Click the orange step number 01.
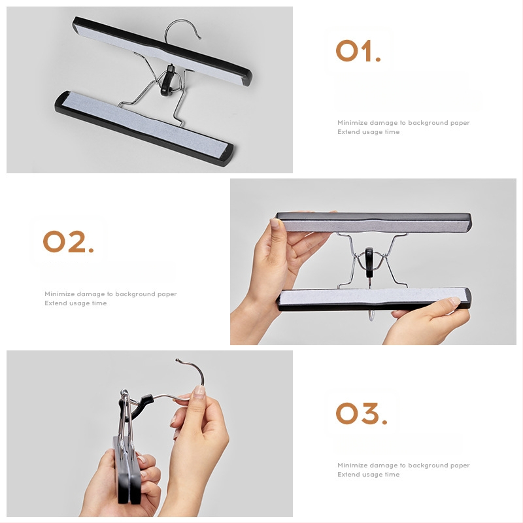tap(358, 51)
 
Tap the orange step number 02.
tap(69, 241)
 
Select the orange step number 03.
tap(362, 413)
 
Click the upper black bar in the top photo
tap(161, 51)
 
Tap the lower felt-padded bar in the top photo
tap(144, 127)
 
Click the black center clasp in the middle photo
tap(369, 262)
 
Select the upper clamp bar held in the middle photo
tap(373, 222)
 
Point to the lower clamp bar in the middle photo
tap(373, 299)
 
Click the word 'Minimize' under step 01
tap(352, 123)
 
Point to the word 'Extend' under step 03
tap(348, 475)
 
